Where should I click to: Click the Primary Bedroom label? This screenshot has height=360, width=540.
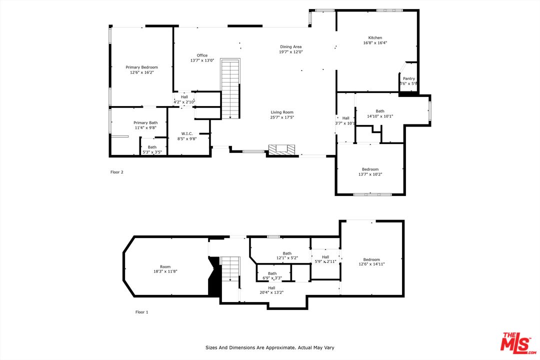pos(141,67)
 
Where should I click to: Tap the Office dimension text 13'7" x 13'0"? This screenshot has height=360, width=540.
pos(202,60)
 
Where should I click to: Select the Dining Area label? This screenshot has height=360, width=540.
pos(290,46)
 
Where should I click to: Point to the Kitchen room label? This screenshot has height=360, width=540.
pos(375,38)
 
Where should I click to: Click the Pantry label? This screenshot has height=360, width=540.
pos(409,78)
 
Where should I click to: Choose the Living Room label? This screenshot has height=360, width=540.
pos(282,112)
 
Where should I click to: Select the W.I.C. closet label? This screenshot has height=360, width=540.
pos(187,133)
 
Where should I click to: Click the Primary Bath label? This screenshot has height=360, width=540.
pos(145,122)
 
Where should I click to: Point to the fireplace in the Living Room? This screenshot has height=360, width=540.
pos(282,149)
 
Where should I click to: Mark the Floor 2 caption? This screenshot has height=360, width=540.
pos(116,172)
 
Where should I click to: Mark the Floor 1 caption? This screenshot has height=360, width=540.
pos(141,312)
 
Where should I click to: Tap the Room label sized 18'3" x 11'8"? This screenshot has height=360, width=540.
pos(165,266)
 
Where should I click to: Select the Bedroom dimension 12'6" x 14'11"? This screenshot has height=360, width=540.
pos(371,264)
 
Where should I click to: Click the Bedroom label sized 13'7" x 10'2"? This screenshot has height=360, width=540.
pos(370,169)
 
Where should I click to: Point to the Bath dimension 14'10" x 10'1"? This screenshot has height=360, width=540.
pos(380,116)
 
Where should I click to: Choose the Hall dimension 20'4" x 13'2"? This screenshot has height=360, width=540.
pos(271,292)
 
